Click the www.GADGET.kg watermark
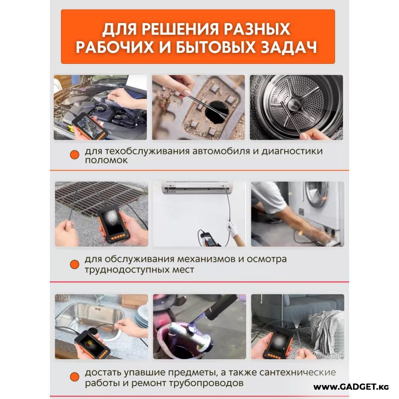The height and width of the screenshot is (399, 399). click(x=351, y=387)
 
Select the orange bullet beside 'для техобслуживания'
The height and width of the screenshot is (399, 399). click(x=74, y=155)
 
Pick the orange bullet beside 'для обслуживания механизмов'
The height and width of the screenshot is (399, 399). click(x=74, y=264)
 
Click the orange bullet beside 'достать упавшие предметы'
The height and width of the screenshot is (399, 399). click(x=74, y=377)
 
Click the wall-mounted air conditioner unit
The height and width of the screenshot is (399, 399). click(x=198, y=188)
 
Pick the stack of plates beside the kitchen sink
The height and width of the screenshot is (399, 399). click(x=142, y=317)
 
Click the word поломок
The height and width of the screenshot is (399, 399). click(x=106, y=161)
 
